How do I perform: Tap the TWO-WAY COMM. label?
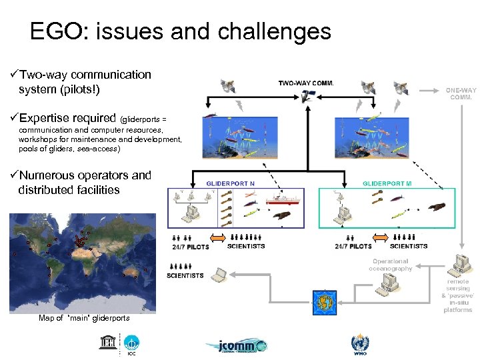[306, 83]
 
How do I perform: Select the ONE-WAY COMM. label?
[461, 93]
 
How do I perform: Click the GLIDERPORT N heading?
[231, 183]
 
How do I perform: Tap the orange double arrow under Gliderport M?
[380, 239]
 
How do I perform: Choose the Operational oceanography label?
[391, 265]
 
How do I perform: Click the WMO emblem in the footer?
[359, 344]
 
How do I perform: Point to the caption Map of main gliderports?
[84, 318]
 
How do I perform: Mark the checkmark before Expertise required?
[13, 118]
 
